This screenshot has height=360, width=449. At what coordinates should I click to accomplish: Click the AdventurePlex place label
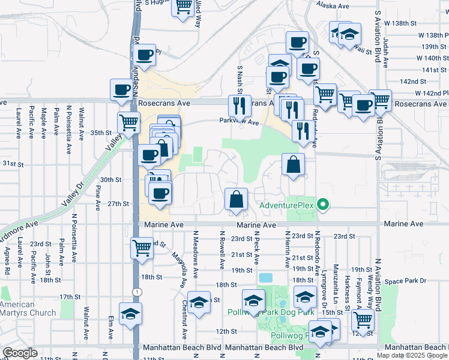(287, 206)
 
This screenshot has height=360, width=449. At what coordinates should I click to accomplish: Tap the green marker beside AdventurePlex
(323, 206)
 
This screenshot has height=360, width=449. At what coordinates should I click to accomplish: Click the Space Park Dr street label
(406, 281)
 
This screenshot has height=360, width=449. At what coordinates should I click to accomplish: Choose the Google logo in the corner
(20, 353)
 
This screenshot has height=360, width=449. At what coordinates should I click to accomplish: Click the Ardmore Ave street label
(19, 227)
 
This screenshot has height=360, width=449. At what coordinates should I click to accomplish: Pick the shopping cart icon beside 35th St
(128, 123)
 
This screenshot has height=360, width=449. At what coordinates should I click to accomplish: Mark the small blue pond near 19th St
(265, 278)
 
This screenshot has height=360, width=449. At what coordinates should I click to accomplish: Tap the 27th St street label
(118, 204)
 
